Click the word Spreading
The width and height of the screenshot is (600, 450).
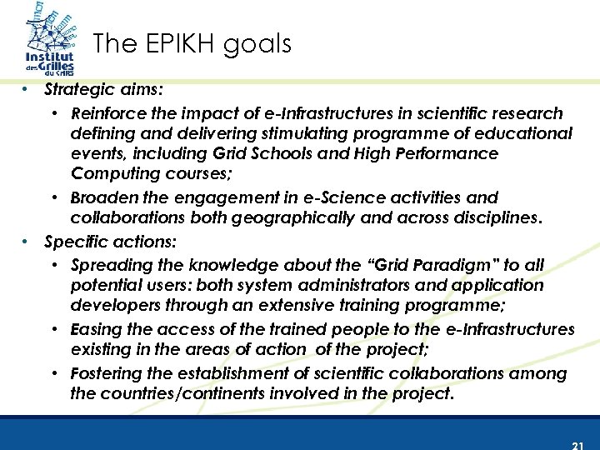(x=108, y=265)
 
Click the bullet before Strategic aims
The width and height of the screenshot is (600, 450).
(x=27, y=88)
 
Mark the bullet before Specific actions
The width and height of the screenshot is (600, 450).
(x=27, y=242)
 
